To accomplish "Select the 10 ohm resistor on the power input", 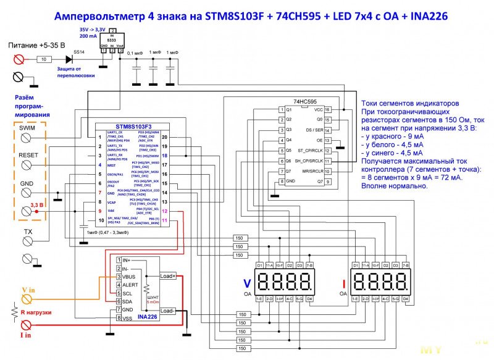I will (x=44, y=59).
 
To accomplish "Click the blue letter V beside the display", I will (x=247, y=284).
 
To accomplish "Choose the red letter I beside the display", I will (x=343, y=284).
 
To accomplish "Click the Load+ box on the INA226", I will (x=167, y=275).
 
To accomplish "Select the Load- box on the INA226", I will (x=167, y=311).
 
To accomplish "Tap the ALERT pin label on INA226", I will (x=131, y=285).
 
